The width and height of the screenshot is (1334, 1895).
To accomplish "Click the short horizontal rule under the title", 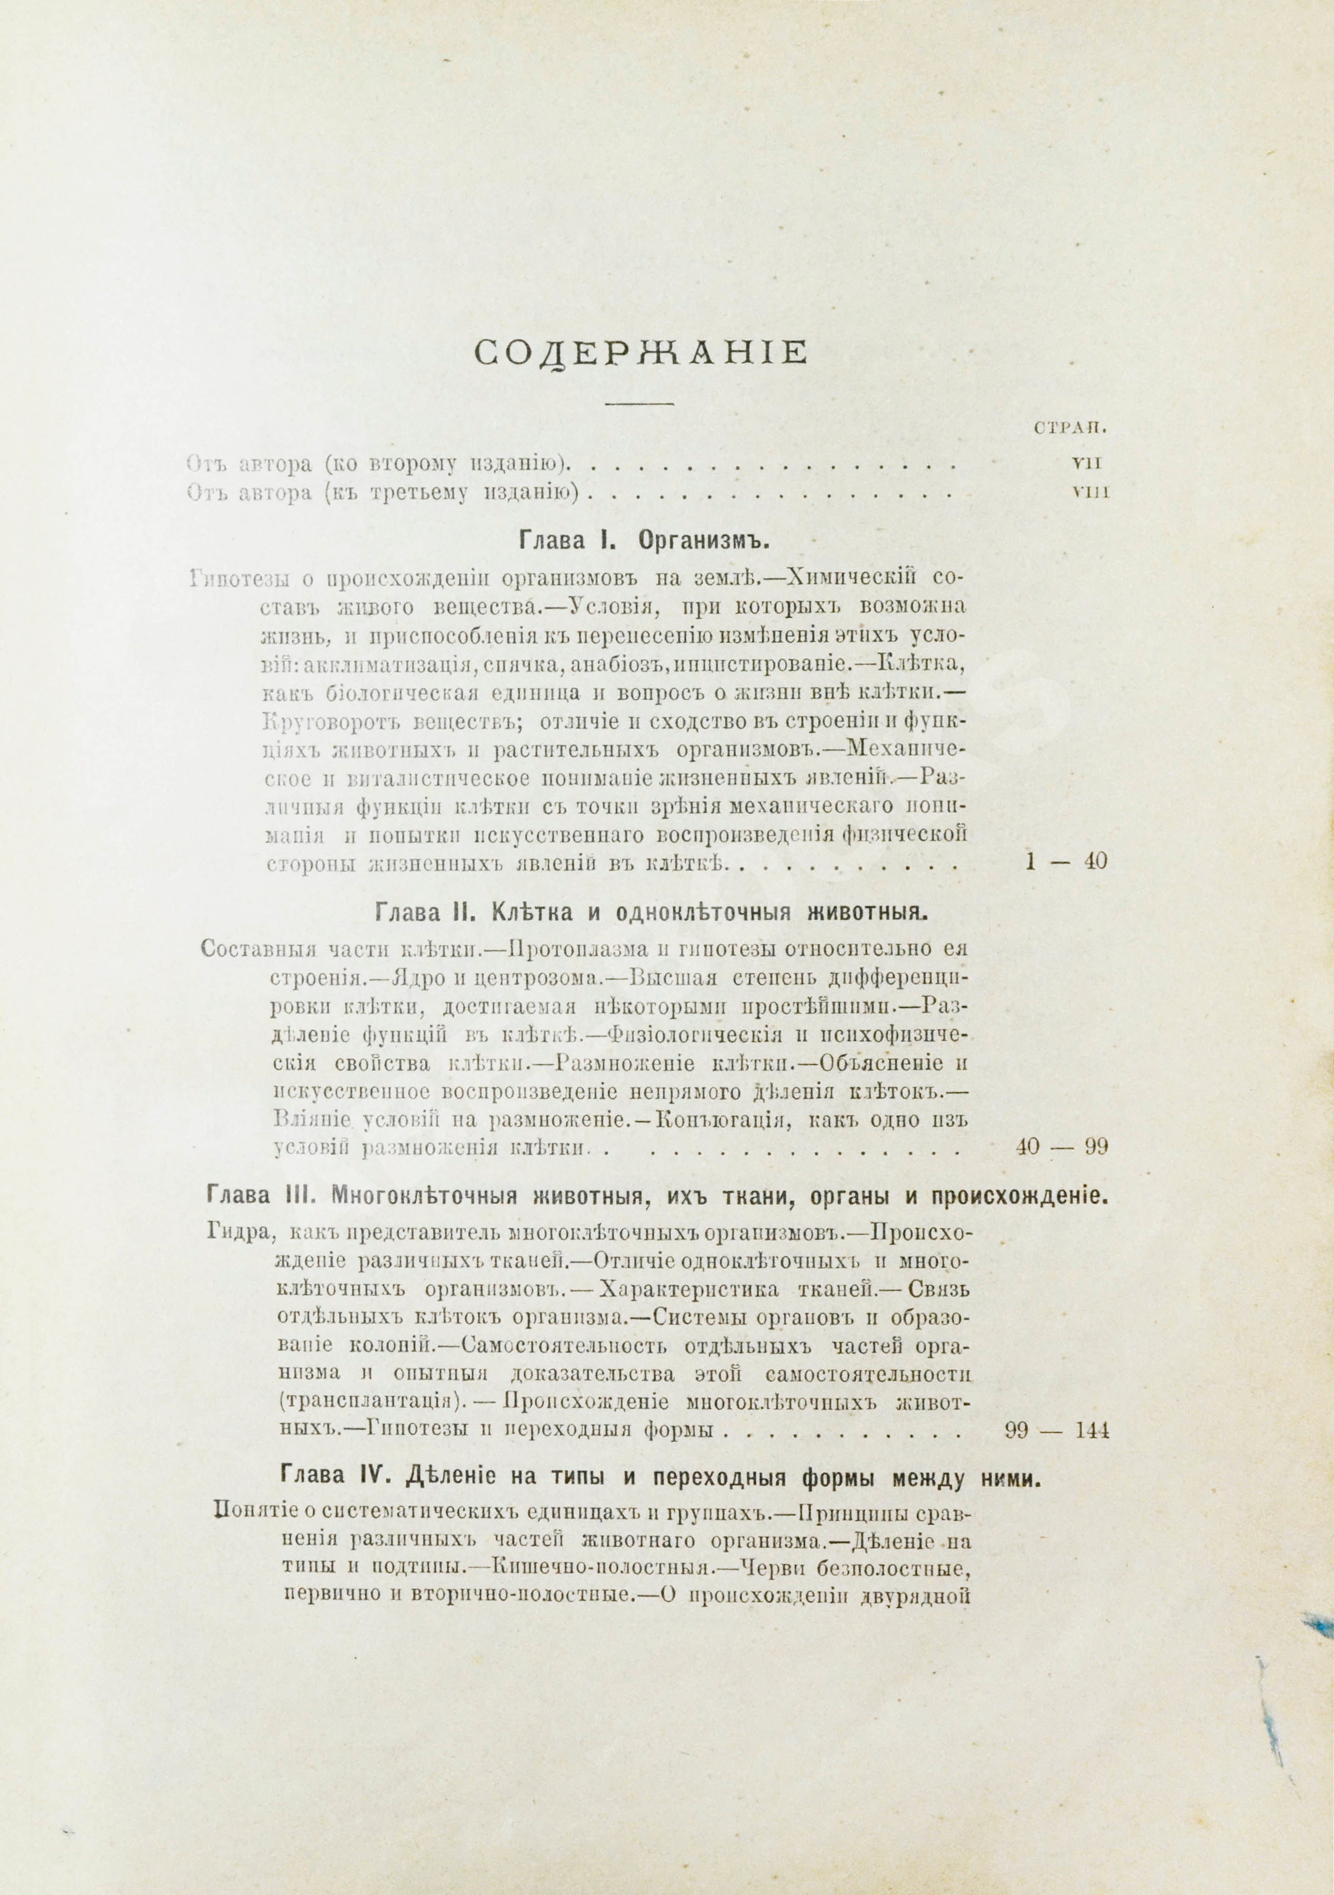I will (641, 403).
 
